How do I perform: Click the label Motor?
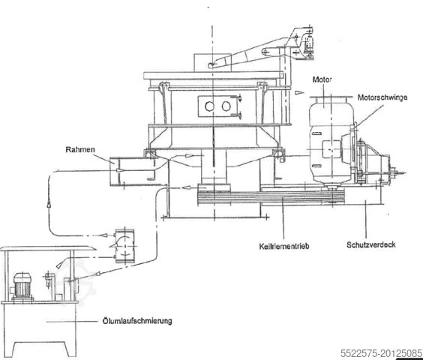pyautogui.click(x=324, y=79)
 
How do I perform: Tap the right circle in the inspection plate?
pyautogui.click(x=225, y=106)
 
